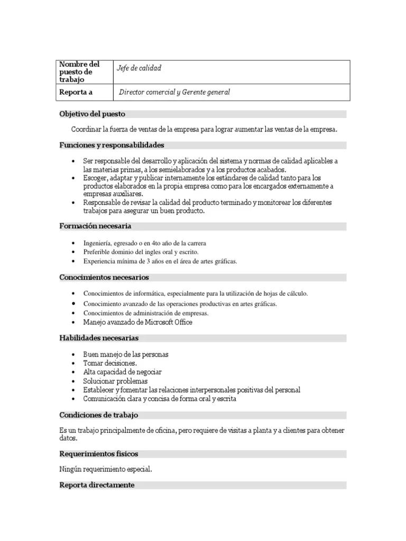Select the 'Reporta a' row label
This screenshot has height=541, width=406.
(x=76, y=92)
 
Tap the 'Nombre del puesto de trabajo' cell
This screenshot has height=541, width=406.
(x=79, y=72)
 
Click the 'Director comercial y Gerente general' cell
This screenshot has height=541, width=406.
(x=174, y=92)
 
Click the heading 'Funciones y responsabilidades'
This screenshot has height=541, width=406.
(x=112, y=145)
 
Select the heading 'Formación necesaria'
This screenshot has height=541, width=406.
(x=95, y=226)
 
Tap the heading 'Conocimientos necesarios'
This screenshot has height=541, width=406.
(x=104, y=277)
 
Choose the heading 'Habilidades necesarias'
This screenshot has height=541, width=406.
(x=99, y=338)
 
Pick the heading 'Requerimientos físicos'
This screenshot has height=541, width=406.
(x=99, y=454)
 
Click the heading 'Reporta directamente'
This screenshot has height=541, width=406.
(x=97, y=485)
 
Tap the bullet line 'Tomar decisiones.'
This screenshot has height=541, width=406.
(x=110, y=363)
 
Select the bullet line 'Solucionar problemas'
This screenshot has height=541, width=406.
(x=115, y=381)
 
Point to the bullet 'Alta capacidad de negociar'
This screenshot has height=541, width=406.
(x=122, y=372)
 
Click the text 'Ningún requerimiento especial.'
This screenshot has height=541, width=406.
(x=106, y=469)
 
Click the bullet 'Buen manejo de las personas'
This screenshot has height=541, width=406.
(x=126, y=355)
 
